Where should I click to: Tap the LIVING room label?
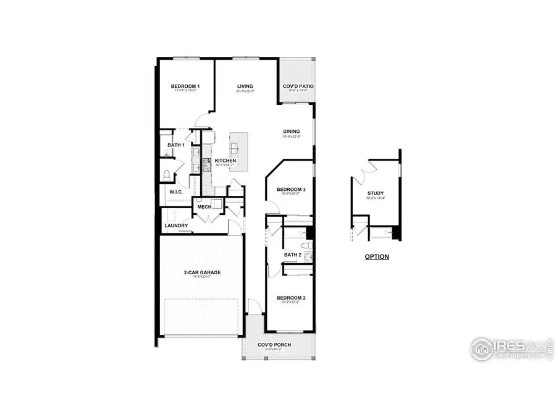tap(245, 86)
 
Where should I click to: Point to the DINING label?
tap(292, 132)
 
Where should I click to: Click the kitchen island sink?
tap(235, 148)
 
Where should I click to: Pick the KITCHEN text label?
tap(225, 161)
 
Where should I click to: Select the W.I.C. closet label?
tap(177, 193)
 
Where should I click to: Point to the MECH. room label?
tap(204, 207)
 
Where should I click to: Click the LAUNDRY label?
tap(176, 225)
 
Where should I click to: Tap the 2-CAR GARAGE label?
tap(202, 272)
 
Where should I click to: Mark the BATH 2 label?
tap(292, 255)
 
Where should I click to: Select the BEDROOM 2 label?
tap(292, 297)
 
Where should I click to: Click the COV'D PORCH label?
tap(275, 345)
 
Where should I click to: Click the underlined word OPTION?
tap(377, 256)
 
